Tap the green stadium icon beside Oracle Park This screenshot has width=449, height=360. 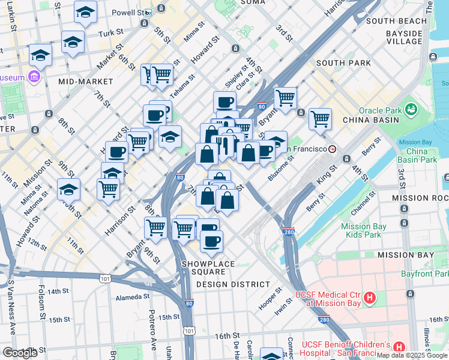click(411, 110)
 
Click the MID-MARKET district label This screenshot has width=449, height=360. click(86, 81)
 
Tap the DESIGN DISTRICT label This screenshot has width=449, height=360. click(233, 284)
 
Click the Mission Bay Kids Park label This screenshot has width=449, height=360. click(361, 230)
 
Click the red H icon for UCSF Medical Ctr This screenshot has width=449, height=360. click(370, 298)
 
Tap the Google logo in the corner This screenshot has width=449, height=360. click(20, 353)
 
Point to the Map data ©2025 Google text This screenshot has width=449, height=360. click(412, 355)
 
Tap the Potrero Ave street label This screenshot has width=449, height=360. click(151, 323)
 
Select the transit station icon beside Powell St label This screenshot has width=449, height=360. click(148, 12)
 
